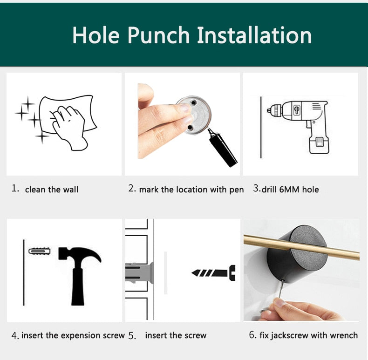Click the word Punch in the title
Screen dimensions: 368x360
click(158, 35)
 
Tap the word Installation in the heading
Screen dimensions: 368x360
click(254, 35)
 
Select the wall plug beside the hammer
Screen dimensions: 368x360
click(40, 251)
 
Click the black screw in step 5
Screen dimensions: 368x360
click(213, 273)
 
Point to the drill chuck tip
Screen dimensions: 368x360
click(268, 110)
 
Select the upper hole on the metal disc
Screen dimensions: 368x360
click(194, 103)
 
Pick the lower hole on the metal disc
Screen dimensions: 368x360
click(190, 128)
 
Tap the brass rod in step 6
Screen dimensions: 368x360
click(301, 248)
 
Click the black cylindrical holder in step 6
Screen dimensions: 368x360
click(297, 253)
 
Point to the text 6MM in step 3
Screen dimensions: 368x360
click(289, 190)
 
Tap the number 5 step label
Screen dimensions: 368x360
click(132, 336)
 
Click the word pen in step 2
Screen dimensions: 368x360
click(236, 190)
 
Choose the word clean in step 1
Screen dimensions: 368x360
click(35, 190)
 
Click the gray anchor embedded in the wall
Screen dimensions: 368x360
click(140, 273)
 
